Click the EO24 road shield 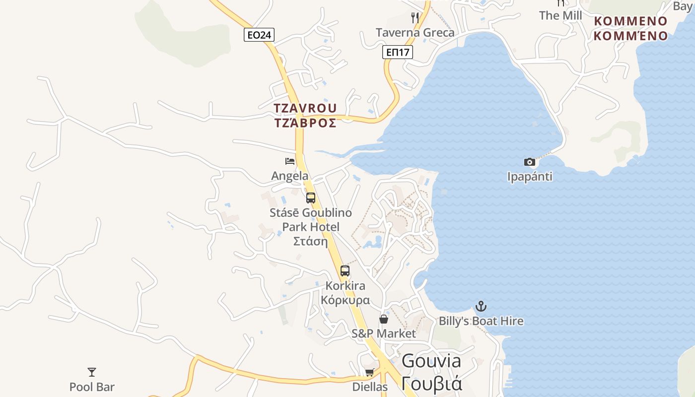[x=259, y=35]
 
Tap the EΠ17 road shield [x=398, y=52]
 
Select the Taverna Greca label [x=415, y=33]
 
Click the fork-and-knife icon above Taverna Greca [x=415, y=18]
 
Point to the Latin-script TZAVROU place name [x=305, y=108]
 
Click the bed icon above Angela [x=290, y=161]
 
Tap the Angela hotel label [x=290, y=176]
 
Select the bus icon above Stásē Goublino [x=311, y=198]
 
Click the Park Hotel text [x=311, y=227]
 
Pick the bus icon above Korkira [x=345, y=271]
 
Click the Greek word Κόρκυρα [x=345, y=300]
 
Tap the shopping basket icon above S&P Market [x=384, y=319]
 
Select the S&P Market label [x=384, y=333]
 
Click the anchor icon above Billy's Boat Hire [x=481, y=306]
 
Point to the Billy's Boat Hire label [x=481, y=321]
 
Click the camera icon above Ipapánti [x=530, y=162]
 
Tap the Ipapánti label [x=530, y=177]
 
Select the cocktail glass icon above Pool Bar [x=92, y=372]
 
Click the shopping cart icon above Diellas [x=369, y=372]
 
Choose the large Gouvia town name [x=431, y=361]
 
